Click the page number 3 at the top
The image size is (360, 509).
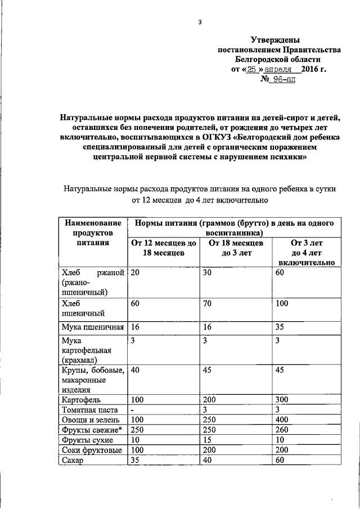pos(199,22)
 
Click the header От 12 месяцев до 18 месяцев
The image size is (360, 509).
pos(164,248)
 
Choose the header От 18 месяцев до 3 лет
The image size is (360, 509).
pos(236,248)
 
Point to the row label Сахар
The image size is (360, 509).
pos(73,460)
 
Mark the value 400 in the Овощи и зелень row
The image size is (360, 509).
pos(282,420)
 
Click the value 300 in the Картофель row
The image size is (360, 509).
pos(282,399)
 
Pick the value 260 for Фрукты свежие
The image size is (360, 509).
pos(282,430)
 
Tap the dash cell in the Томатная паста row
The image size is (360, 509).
pos(132,409)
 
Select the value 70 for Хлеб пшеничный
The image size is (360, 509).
pos(209,304)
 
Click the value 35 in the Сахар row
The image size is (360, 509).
pos(135,460)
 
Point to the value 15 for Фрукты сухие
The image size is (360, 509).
pos(209,440)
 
